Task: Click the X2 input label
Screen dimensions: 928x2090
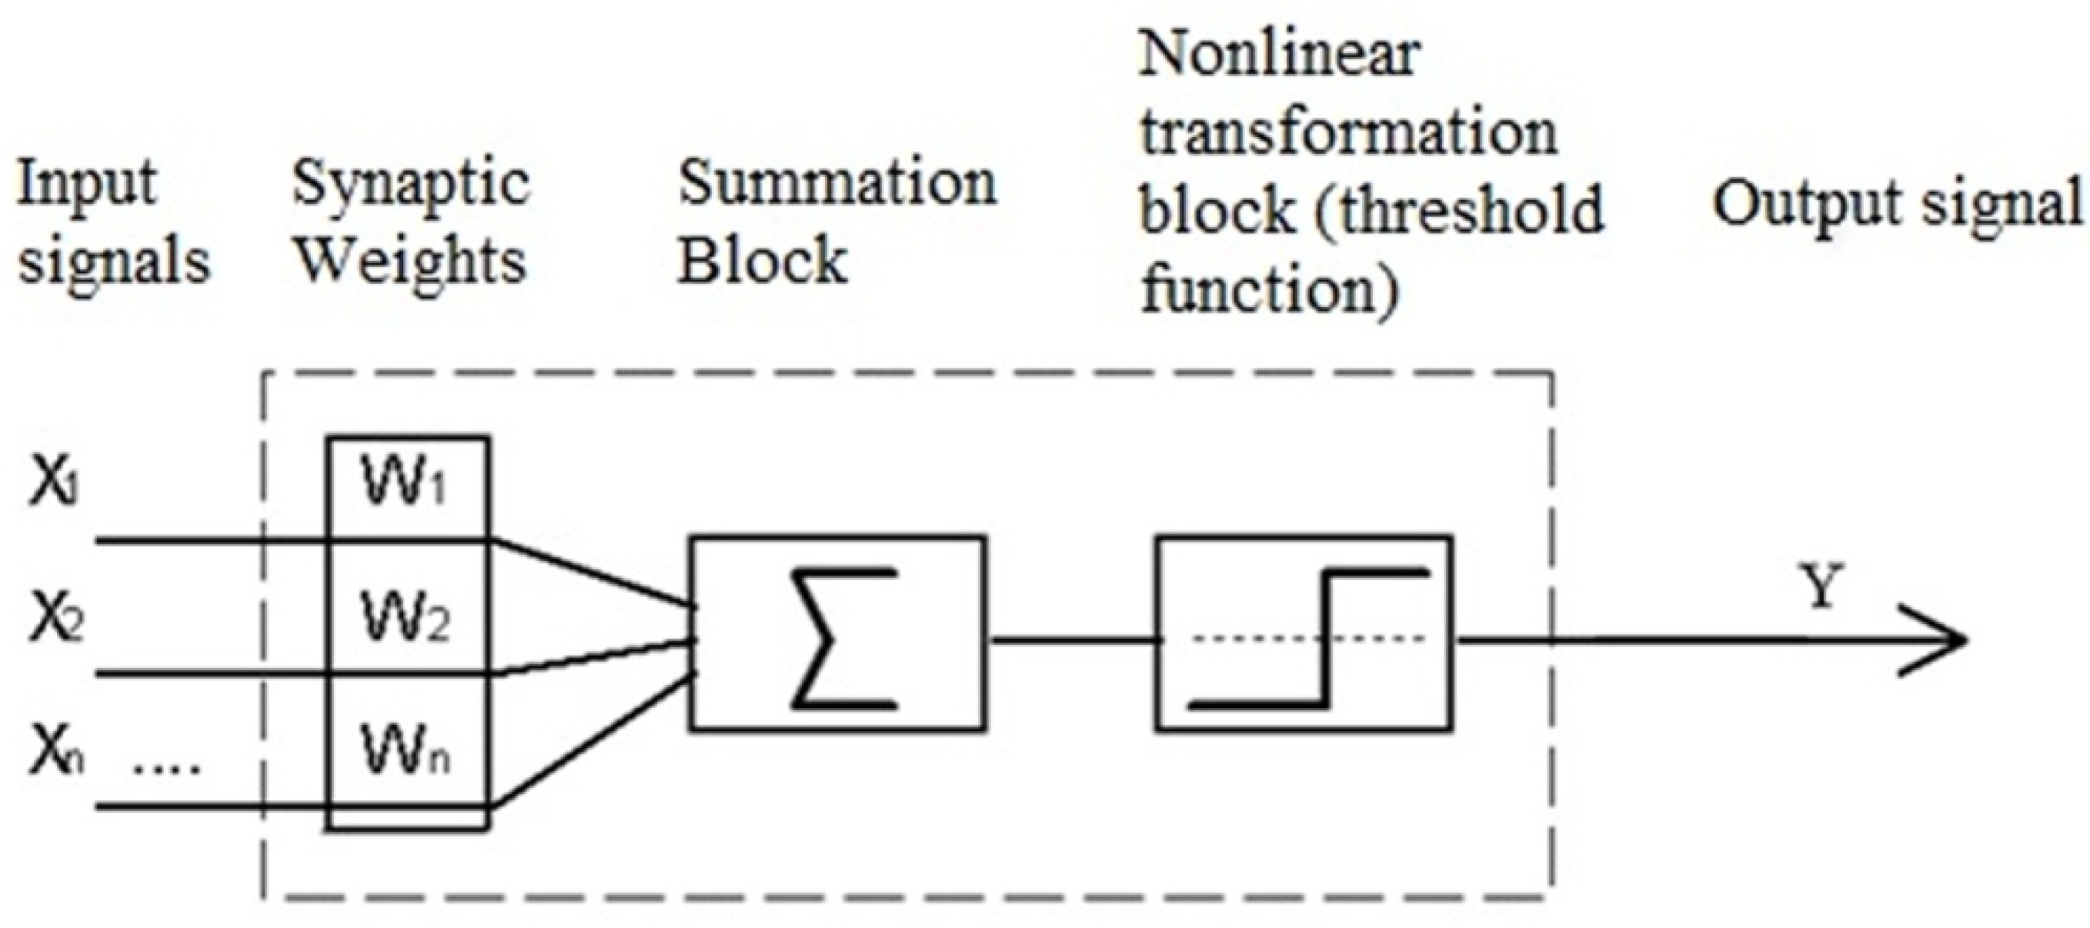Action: tap(57, 619)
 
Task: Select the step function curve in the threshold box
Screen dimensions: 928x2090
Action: tap(1324, 639)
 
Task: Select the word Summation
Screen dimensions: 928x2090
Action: tap(837, 183)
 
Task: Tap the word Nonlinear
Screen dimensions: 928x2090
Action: tap(1280, 55)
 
